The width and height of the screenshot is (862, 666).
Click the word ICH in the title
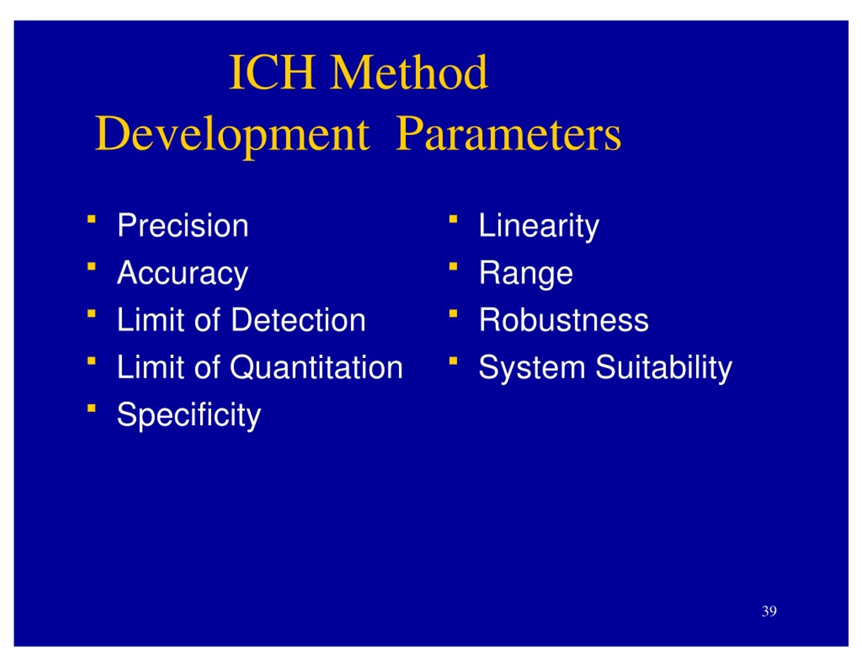pyautogui.click(x=272, y=73)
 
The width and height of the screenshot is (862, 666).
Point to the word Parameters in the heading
pyautogui.click(x=508, y=134)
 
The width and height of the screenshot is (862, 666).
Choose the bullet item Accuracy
pyautogui.click(x=183, y=273)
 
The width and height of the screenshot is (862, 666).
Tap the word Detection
pyautogui.click(x=298, y=320)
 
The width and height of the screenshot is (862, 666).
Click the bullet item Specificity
pyautogui.click(x=189, y=415)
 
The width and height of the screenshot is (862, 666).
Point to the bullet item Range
pyautogui.click(x=526, y=273)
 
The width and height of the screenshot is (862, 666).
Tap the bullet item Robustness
pyautogui.click(x=564, y=320)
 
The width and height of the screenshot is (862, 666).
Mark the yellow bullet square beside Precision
pyautogui.click(x=92, y=219)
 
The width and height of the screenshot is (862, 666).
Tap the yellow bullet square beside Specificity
pyautogui.click(x=92, y=408)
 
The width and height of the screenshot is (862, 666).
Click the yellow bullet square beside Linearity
pyautogui.click(x=453, y=219)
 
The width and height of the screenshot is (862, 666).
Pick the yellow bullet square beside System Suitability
pyautogui.click(x=453, y=360)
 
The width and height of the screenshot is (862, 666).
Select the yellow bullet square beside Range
pyautogui.click(x=453, y=266)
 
